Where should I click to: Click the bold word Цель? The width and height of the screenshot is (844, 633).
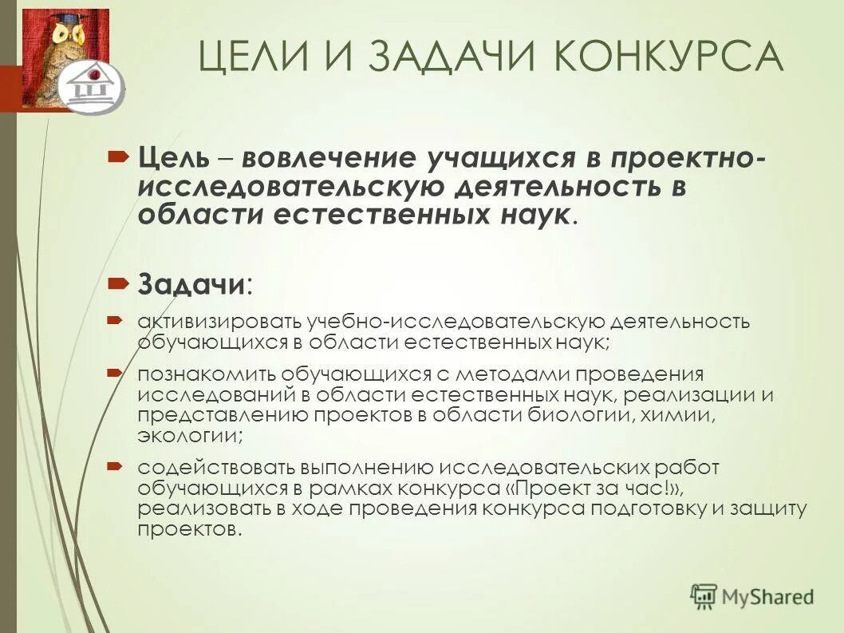click(172, 157)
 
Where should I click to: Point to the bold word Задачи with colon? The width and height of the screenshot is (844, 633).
click(195, 283)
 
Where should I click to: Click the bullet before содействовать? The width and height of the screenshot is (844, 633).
click(113, 465)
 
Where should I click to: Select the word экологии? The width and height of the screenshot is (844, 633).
click(189, 437)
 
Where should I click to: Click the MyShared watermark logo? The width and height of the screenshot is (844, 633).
click(752, 595)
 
